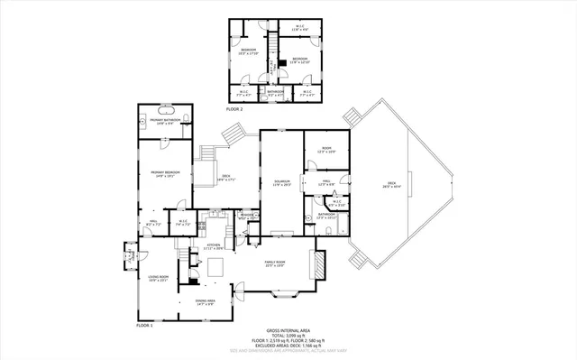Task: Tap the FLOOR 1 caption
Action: coord(145,324)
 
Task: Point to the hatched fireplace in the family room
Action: coord(317,263)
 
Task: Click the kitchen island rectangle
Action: coord(215,266)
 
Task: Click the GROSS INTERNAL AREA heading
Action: coord(288,331)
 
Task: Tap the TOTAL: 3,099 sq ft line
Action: coord(288,337)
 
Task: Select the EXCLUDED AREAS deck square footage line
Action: coord(288,347)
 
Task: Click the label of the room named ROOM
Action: coord(326,150)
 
